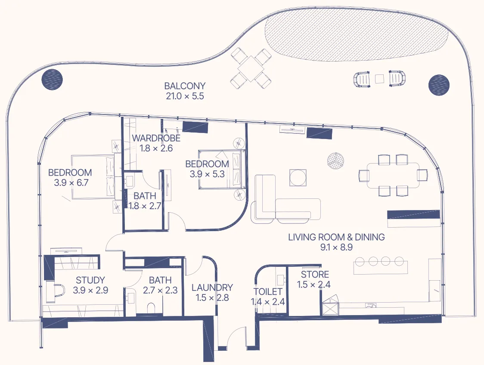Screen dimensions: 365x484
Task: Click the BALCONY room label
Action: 185,86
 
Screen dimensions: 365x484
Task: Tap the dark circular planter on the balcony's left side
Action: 53,79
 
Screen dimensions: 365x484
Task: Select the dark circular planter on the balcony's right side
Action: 439,85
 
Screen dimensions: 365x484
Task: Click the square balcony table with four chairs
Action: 251,68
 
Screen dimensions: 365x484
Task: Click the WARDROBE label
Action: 156,138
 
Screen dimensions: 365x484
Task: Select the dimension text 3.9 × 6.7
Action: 71,183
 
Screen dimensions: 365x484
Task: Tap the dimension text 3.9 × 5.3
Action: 207,174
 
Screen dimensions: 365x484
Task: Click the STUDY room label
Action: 90,280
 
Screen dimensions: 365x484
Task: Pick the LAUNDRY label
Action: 212,288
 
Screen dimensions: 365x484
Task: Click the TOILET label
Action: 268,292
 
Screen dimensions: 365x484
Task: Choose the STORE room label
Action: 315,275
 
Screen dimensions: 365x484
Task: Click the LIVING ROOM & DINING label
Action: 336,237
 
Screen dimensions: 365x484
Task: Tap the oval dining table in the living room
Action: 393,175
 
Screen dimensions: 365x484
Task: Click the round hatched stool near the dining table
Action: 336,161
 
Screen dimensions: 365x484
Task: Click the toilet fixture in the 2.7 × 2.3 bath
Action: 151,308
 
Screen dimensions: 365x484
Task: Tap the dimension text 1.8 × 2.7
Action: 145,206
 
